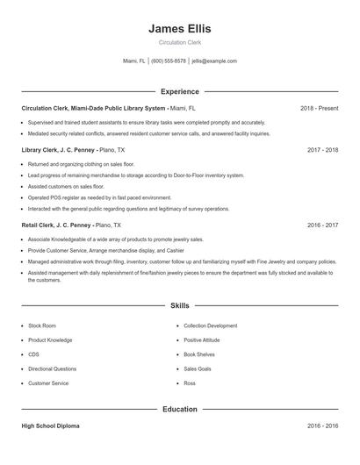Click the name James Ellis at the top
coord(179,28)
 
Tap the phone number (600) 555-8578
coord(169,61)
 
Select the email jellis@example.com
coord(214,61)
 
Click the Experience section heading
coord(179,91)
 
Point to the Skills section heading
coord(179,306)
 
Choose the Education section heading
coord(179,409)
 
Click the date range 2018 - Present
coord(319,108)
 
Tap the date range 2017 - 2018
coord(322,150)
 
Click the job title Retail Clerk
coord(38,225)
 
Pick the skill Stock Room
coord(41,325)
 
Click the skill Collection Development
coord(210,325)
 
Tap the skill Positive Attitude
coord(201,340)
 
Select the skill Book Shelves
coord(198,354)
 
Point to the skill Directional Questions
coord(52,368)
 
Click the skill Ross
coord(190,383)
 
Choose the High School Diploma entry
coord(50,426)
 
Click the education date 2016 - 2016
coord(322,426)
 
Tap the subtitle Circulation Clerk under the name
coord(179,42)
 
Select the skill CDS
coord(33,354)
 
